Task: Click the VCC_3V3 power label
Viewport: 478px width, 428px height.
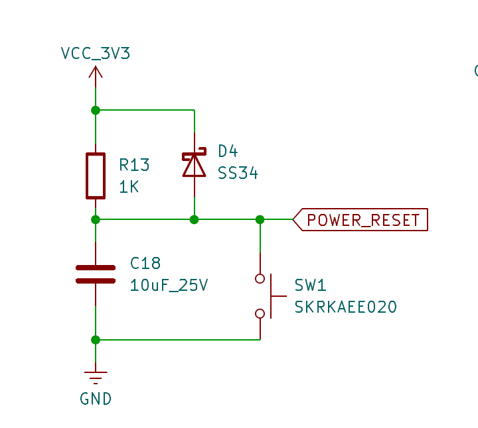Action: coord(96,54)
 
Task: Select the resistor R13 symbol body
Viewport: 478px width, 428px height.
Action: coord(96,176)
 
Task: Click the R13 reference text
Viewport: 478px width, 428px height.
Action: coord(134,165)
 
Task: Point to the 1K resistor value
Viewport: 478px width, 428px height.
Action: coord(129,187)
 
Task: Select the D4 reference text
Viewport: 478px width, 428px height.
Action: coord(228,151)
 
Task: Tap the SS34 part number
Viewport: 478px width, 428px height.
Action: coord(238,174)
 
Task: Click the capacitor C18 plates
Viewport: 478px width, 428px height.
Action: coord(96,274)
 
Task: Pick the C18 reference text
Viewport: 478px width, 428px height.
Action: coord(145,264)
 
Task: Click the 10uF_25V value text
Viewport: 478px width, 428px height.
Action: coord(169,286)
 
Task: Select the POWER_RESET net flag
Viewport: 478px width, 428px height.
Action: coord(361,220)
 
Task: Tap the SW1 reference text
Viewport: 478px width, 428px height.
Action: coord(310,286)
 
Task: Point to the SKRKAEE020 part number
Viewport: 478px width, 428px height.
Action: coord(345,307)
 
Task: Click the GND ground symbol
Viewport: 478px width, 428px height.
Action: coord(96,378)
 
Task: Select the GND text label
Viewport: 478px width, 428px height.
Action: coord(96,399)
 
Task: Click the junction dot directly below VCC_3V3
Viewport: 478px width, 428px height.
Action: coord(96,110)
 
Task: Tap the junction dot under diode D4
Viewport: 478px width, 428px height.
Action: coord(194,219)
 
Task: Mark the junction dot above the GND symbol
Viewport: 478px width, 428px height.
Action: coord(96,340)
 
